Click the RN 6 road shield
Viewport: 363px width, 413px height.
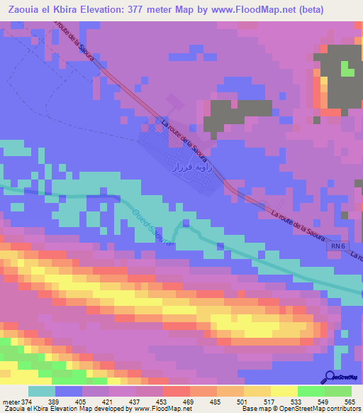click(x=338, y=246)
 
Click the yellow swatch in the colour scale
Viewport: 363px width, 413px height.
click(x=284, y=391)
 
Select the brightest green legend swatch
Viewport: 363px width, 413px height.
click(x=311, y=391)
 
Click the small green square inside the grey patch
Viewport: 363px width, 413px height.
click(x=347, y=69)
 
